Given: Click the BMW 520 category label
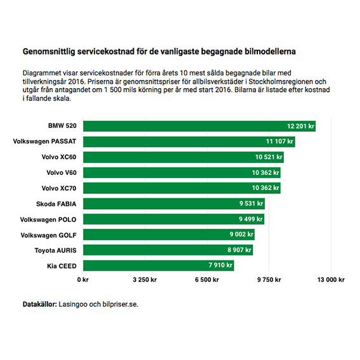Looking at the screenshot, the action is (62, 126).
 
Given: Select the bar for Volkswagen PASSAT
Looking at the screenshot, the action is (189, 142).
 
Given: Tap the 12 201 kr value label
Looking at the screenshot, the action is (300, 126).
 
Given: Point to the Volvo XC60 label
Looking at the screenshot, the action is (59, 157).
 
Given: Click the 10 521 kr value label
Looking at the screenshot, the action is (269, 157).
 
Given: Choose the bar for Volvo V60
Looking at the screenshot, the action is (182, 172).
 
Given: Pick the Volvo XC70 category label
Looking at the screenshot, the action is (59, 188).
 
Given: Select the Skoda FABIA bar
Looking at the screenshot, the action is (174, 203).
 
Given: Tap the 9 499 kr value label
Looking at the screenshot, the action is (251, 219).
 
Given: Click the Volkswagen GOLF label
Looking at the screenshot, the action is (48, 235).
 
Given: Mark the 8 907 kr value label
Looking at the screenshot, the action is (239, 250).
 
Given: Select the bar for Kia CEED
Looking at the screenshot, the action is (158, 266).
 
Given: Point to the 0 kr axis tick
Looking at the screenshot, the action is (83, 280).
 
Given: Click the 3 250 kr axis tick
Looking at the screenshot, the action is (145, 280).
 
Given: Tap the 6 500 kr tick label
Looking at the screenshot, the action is (207, 280).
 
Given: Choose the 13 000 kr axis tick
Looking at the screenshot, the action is (331, 280).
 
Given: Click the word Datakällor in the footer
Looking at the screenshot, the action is (40, 304).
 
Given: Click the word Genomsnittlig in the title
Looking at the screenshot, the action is (49, 52).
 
